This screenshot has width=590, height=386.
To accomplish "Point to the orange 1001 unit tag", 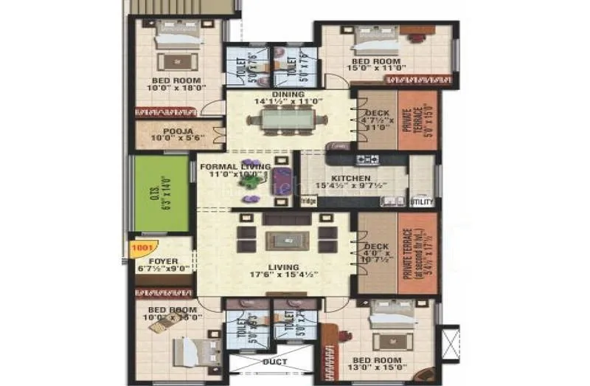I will pos(141,249).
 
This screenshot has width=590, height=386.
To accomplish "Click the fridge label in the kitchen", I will pos(308,201).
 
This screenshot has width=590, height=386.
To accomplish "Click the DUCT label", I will pos(274,362).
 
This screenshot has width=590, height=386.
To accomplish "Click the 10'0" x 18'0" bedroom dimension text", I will pos(177,88).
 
